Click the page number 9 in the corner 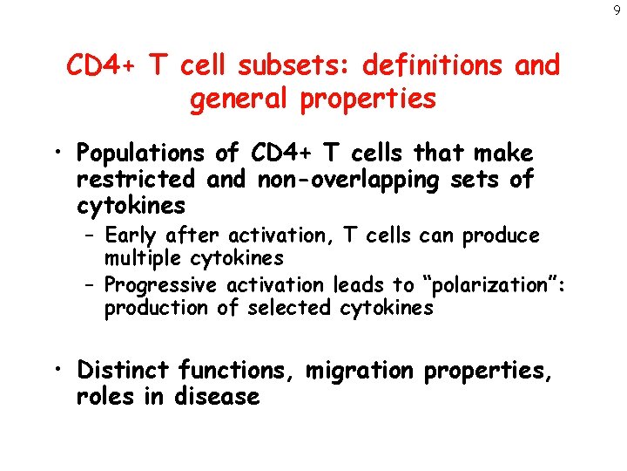(617, 10)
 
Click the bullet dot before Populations (60, 154)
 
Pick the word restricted (135, 180)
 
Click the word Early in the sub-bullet (129, 235)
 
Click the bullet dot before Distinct (60, 371)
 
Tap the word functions (238, 371)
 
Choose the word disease (216, 397)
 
